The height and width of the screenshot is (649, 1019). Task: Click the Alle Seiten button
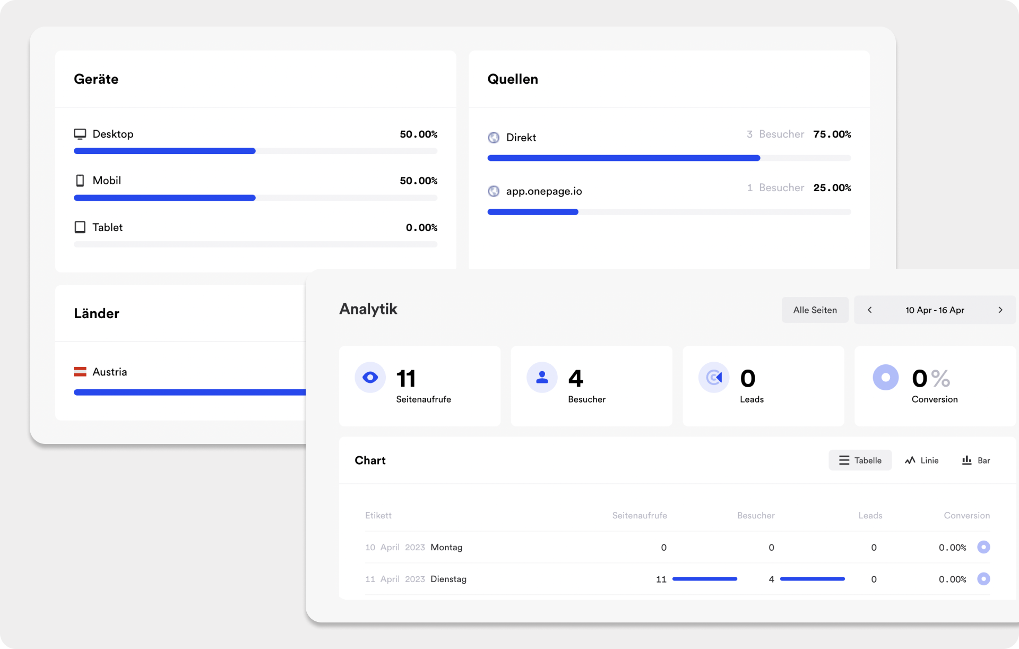(x=815, y=310)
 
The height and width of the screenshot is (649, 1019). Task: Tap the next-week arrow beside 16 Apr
(x=1000, y=310)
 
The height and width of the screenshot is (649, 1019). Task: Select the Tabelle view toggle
(x=860, y=460)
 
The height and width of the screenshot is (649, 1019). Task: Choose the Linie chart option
(x=921, y=460)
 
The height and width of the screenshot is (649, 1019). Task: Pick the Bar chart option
(x=975, y=460)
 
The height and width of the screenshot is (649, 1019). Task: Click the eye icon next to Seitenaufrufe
(x=370, y=378)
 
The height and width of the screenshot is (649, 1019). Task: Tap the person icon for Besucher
(x=542, y=378)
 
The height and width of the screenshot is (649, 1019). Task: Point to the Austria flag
(x=80, y=372)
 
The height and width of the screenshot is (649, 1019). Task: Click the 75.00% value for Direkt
(x=832, y=134)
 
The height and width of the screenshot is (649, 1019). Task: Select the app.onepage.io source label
(x=543, y=191)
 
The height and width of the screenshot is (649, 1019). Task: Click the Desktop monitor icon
(x=80, y=134)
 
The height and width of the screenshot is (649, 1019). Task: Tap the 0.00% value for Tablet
(x=421, y=228)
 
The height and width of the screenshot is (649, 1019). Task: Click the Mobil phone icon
(x=80, y=181)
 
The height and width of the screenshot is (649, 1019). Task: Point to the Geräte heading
(x=96, y=79)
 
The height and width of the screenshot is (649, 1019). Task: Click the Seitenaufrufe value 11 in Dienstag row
(x=661, y=579)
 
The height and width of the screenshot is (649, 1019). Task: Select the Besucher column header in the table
(x=755, y=515)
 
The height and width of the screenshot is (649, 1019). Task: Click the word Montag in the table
(x=446, y=547)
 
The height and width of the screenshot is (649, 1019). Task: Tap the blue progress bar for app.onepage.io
(x=532, y=212)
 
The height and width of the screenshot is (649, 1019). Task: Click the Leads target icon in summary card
(x=714, y=378)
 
